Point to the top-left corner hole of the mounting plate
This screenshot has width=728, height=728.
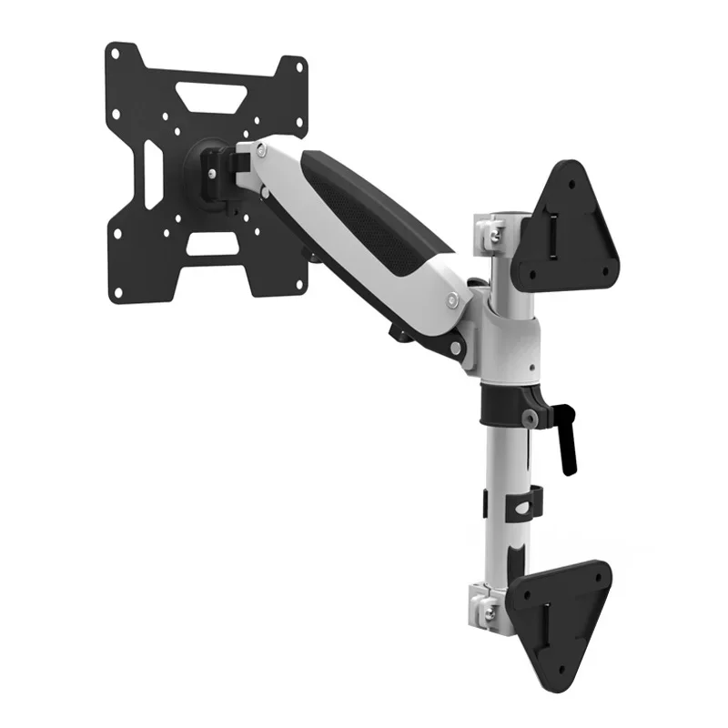tap(115, 53)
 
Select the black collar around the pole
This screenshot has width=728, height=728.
tap(506, 402)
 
